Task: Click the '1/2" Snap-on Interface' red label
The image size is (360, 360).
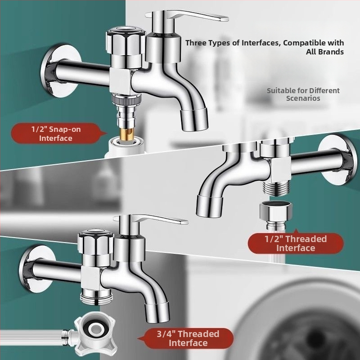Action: point(56,134)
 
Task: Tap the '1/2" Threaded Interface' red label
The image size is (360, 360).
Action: point(296,243)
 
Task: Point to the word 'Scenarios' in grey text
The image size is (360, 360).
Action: point(303,98)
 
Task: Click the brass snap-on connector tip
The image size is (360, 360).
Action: point(127,134)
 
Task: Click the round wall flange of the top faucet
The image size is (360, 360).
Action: point(60,71)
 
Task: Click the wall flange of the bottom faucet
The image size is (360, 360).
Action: point(37,269)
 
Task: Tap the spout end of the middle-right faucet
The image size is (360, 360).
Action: point(208,206)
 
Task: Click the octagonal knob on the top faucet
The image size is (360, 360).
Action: point(126,41)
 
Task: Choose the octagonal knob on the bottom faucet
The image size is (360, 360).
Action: point(96,242)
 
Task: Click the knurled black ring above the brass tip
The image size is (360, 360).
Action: point(126,99)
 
